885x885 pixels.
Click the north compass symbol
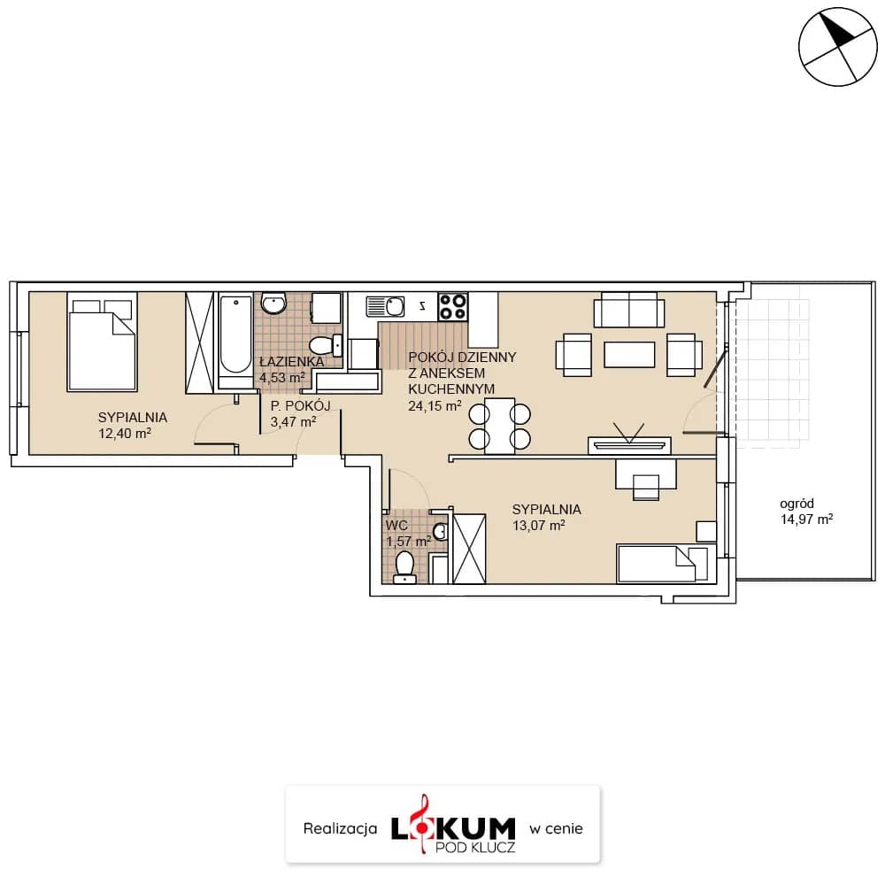(x=838, y=46)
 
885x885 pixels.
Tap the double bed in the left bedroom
(x=102, y=342)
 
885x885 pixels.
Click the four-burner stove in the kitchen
(x=453, y=307)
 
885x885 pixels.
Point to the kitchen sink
(x=386, y=307)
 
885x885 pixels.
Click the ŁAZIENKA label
(x=292, y=362)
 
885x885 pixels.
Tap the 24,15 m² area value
(x=435, y=405)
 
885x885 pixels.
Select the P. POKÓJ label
(x=300, y=405)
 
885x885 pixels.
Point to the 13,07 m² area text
(x=538, y=526)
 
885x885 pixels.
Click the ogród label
(x=796, y=504)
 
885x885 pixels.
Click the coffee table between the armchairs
(x=629, y=355)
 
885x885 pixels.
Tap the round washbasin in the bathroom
(x=273, y=304)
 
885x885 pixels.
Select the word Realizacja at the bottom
(x=340, y=828)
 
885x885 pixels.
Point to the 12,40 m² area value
(x=124, y=434)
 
